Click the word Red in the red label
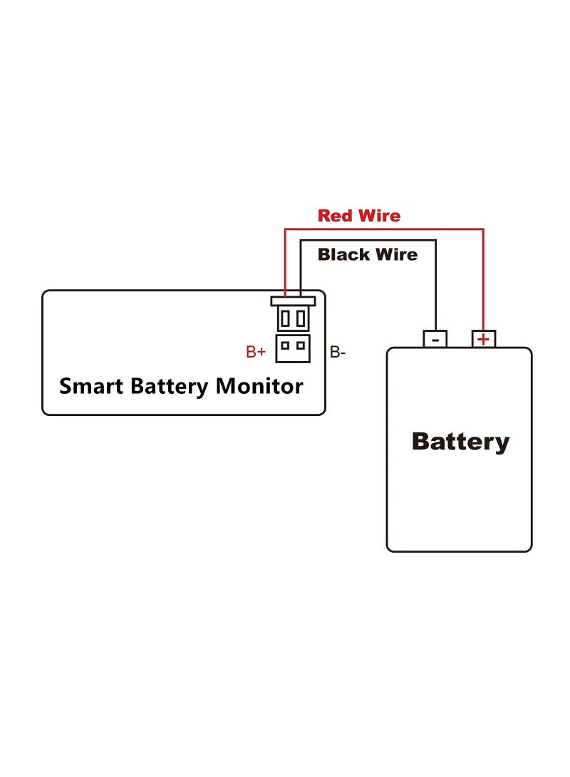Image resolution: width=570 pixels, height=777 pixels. (x=335, y=216)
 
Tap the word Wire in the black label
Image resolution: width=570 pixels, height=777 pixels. (x=396, y=254)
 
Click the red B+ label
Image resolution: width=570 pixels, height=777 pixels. (x=256, y=352)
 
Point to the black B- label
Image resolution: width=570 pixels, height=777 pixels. (x=338, y=352)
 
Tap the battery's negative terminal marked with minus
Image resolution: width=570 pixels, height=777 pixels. (x=435, y=339)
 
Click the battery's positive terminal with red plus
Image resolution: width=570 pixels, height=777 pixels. (x=484, y=339)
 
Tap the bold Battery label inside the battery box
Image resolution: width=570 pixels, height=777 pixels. (x=460, y=442)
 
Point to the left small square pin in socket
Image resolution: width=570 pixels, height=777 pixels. (x=285, y=345)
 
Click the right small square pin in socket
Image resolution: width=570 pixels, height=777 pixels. (x=301, y=345)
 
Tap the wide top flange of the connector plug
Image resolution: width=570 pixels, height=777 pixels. (x=293, y=301)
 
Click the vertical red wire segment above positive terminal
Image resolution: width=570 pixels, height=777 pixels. (x=484, y=285)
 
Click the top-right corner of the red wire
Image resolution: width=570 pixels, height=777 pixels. (x=484, y=229)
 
